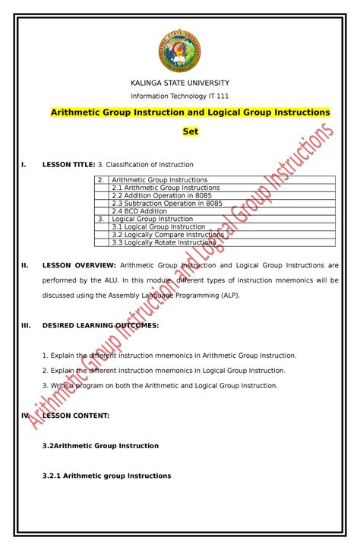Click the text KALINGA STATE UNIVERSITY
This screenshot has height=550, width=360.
click(x=180, y=82)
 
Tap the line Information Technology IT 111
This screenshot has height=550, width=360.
click(x=180, y=96)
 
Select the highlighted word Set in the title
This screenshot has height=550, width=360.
click(x=190, y=131)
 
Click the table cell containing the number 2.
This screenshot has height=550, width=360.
click(x=100, y=180)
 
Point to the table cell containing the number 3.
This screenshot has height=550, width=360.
click(x=100, y=219)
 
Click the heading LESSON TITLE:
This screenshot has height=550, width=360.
click(x=68, y=164)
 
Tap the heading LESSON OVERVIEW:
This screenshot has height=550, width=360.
click(x=78, y=266)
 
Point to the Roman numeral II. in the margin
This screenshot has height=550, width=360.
click(x=25, y=266)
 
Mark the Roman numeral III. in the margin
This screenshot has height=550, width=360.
click(x=26, y=325)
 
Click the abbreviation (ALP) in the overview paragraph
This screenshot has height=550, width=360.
click(x=226, y=296)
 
